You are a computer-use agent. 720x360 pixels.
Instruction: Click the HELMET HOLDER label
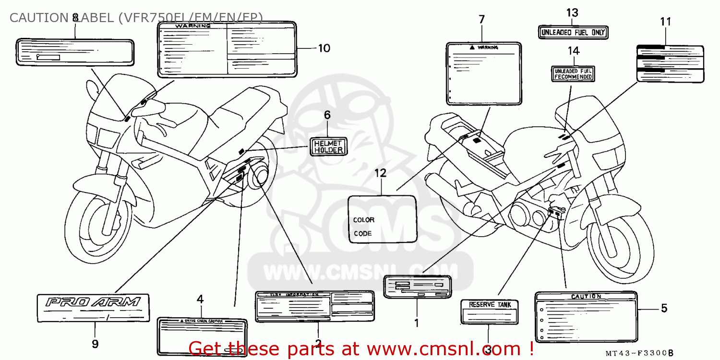tap(328, 146)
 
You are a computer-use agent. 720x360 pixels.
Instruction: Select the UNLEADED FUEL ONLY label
tap(573, 33)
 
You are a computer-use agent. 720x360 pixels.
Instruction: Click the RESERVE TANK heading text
tap(490, 304)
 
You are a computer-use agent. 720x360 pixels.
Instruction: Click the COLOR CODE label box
tap(383, 219)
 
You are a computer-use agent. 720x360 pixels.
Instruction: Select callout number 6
tap(327, 115)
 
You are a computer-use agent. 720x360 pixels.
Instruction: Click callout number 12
tap(380, 173)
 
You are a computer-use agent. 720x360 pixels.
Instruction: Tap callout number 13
tap(572, 13)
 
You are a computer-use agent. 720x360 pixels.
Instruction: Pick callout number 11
tap(665, 22)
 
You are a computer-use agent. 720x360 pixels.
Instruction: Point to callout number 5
tap(664, 308)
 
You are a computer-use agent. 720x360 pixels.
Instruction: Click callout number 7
tap(481, 20)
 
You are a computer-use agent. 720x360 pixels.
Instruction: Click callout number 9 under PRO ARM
tap(95, 344)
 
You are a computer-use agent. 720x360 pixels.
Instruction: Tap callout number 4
tap(200, 300)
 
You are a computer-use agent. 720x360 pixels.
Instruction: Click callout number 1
tap(416, 323)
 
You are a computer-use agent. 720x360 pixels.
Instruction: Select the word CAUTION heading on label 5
tap(586, 297)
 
